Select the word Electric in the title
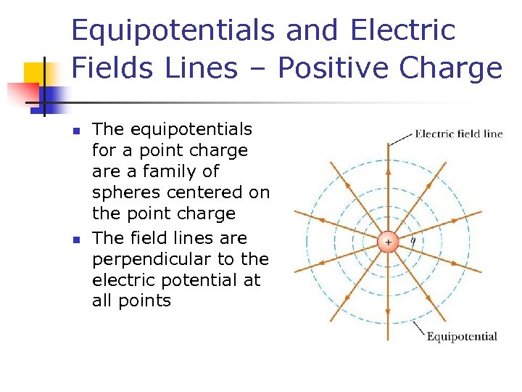click(403, 30)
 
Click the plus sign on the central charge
click(388, 242)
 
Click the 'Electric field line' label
click(458, 134)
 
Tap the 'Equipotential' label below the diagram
click(461, 336)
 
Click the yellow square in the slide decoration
click(38, 75)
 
